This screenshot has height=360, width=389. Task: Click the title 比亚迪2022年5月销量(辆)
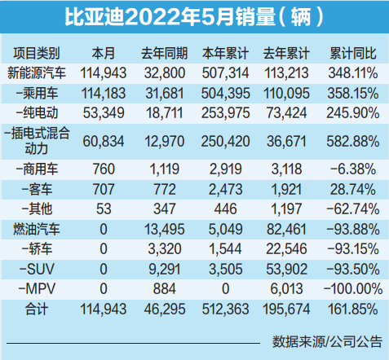point(194,17)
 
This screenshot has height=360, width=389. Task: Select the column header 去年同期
point(165,53)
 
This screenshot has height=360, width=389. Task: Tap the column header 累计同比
point(353,53)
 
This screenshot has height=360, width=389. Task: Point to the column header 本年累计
point(225,53)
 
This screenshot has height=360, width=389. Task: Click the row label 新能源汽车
point(37,73)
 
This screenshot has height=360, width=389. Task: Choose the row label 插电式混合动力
point(37,141)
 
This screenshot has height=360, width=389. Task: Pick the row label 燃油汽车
point(37,229)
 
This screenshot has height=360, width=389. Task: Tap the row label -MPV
point(37,288)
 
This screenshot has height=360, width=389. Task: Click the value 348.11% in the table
point(353,73)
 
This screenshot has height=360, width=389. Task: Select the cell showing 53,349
point(104,113)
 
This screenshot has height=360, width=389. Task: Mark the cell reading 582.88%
point(353,142)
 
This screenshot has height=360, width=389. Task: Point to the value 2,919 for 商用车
point(225,169)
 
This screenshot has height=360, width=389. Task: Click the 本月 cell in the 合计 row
point(104,310)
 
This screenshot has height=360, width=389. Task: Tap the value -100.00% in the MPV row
point(353,288)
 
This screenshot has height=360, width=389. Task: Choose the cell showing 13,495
point(165,230)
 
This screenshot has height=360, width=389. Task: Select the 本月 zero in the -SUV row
point(104,269)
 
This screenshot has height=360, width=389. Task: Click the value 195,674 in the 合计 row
point(286,310)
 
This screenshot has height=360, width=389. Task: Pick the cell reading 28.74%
point(353,189)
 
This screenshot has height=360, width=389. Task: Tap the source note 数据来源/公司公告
point(327,342)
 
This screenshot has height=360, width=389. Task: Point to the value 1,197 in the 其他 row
point(286,209)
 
